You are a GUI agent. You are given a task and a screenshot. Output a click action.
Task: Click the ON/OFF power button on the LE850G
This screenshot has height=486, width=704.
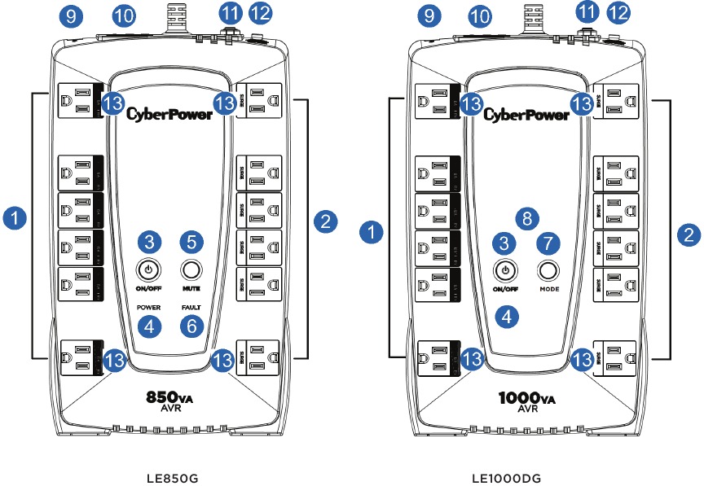click(x=148, y=269)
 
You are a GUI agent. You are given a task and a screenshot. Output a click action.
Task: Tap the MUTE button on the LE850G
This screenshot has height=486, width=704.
click(x=191, y=269)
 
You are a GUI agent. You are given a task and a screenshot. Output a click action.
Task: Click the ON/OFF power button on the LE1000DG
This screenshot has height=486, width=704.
click(x=506, y=269)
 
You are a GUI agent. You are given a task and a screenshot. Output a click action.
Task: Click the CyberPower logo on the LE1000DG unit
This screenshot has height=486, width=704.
click(x=526, y=115)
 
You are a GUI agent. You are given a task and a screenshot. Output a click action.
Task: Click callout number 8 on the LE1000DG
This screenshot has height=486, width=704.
click(x=528, y=217)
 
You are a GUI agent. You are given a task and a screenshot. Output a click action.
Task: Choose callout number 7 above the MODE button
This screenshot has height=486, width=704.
click(x=548, y=243)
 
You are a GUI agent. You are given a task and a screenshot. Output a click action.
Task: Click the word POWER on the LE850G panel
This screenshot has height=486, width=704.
click(x=149, y=307)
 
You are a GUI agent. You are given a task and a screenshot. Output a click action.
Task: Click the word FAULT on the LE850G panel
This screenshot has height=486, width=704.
click(x=191, y=307)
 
